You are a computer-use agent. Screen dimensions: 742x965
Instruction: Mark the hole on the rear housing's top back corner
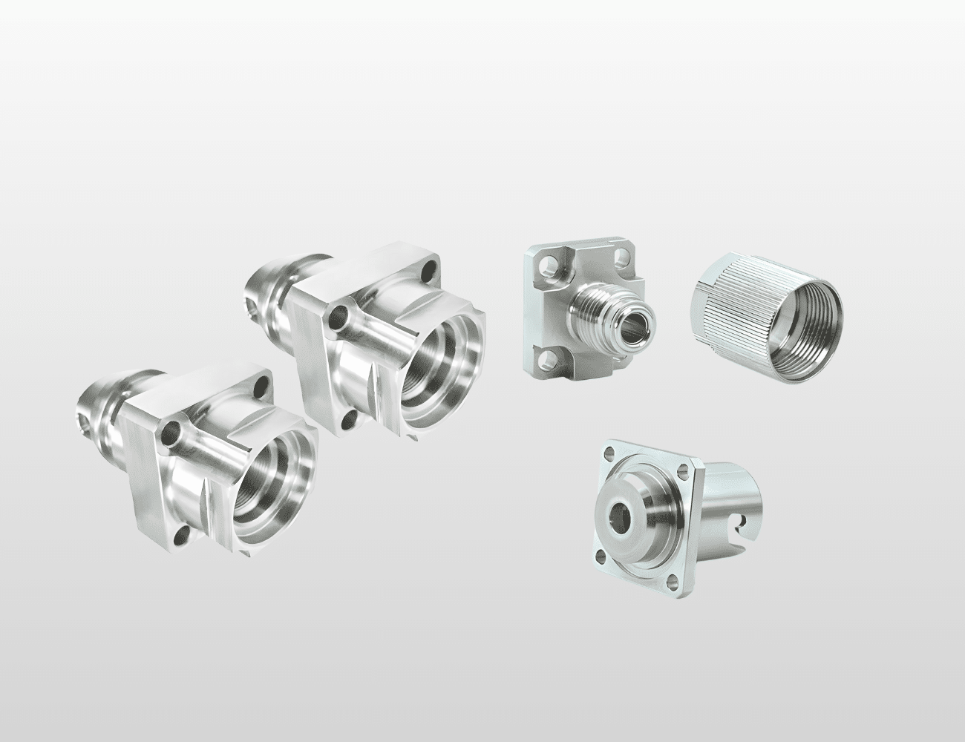(x=428, y=266)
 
